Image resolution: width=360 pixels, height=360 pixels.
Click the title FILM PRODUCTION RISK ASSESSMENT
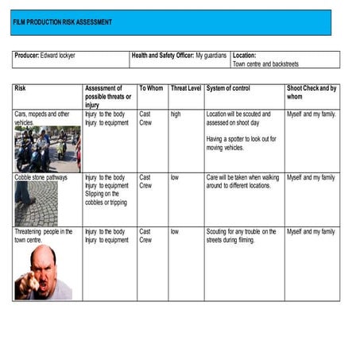coord(62,22)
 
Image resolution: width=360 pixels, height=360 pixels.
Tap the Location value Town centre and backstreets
coord(265,64)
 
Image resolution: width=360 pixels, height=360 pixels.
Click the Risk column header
coord(20,88)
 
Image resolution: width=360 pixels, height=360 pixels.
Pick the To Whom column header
coord(151,88)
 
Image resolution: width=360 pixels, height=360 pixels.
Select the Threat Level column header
coord(185,88)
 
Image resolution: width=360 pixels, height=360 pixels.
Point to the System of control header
coord(228,88)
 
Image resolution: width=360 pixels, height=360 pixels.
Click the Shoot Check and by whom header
coord(311,92)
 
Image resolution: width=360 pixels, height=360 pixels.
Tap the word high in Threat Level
coord(176,114)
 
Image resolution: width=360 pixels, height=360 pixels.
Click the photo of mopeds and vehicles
coord(47,149)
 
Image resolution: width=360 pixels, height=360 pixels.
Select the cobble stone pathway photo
coord(36,204)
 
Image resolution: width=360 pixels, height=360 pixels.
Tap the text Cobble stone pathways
coord(41,177)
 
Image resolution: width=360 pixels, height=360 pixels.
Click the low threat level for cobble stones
coord(175,177)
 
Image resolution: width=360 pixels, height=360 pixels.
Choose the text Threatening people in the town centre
coord(44,235)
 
